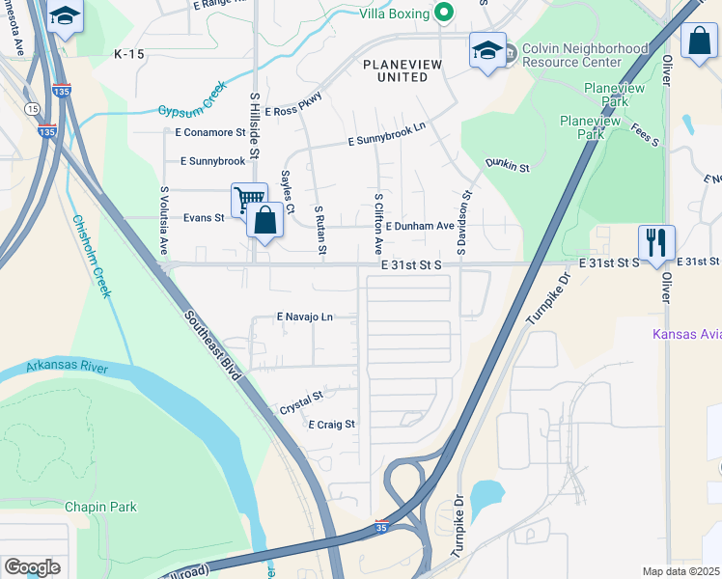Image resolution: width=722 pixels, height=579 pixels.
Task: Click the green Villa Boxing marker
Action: click(444, 13)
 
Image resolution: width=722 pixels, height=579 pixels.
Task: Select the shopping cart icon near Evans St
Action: click(249, 199)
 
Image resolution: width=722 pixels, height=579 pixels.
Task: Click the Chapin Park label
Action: click(100, 507)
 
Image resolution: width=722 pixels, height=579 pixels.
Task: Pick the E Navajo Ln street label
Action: click(304, 317)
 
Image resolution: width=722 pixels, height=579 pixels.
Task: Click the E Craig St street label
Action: click(331, 424)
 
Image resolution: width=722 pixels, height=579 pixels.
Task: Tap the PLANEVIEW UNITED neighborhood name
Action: click(394, 70)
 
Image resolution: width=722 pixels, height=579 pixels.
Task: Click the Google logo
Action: click(32, 566)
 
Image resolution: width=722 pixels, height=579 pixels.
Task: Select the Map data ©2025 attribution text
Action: click(680, 571)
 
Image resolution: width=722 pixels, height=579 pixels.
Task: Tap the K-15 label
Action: click(128, 55)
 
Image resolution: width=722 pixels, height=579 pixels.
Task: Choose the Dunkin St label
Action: click(508, 166)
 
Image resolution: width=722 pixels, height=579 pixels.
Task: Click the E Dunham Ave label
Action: click(420, 226)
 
